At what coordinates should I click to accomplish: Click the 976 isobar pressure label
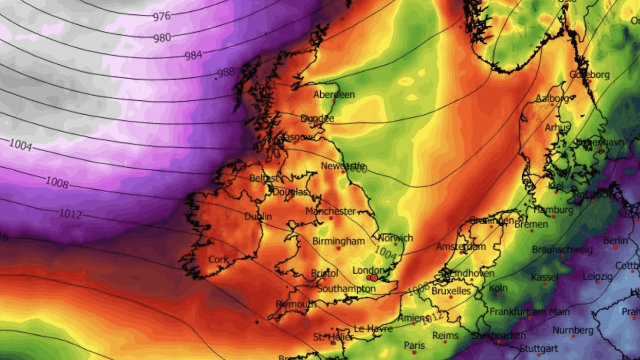click(162, 16)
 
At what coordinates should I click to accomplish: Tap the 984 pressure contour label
click(193, 55)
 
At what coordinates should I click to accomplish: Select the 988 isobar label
click(225, 73)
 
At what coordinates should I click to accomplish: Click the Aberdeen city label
click(334, 95)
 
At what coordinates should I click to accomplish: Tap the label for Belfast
click(264, 178)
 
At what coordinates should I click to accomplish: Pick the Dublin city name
click(258, 217)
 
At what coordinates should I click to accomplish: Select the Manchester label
click(331, 211)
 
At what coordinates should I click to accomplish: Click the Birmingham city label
click(338, 241)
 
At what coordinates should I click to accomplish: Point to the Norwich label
click(395, 238)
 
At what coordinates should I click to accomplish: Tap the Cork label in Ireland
click(218, 260)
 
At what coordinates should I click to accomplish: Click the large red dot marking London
click(374, 278)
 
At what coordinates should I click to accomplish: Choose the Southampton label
click(346, 289)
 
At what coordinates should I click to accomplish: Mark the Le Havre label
click(374, 328)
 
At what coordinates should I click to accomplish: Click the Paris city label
click(414, 345)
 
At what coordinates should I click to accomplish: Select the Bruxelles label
click(451, 291)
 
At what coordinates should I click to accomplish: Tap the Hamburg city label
click(554, 210)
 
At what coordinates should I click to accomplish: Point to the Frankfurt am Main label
click(529, 312)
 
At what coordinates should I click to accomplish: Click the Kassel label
click(544, 277)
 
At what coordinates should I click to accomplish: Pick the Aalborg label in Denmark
click(552, 98)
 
